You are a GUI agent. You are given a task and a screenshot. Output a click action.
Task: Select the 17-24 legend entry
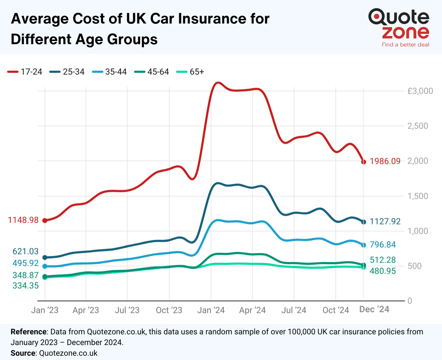[x=25, y=72]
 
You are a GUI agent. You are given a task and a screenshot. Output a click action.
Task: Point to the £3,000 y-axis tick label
[x=420, y=91]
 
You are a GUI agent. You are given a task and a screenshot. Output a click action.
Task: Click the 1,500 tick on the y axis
[x=418, y=196]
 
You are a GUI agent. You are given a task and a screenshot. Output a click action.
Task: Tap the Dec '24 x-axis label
[x=374, y=309]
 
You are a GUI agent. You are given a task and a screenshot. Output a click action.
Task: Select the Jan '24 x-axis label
[x=211, y=310]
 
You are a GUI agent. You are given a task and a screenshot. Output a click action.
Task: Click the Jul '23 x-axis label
[x=127, y=310]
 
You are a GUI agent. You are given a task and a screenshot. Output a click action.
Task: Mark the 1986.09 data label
[x=385, y=161]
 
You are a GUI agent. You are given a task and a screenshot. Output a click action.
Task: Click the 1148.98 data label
[x=23, y=220]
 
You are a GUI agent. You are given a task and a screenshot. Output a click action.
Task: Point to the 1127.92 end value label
[x=385, y=222]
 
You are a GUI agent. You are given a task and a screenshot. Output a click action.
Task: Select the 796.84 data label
[x=382, y=245]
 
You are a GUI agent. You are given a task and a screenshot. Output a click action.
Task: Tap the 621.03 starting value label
[x=25, y=252]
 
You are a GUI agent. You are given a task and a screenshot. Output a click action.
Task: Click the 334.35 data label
[x=25, y=286]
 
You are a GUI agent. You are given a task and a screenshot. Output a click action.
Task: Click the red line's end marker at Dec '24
[x=364, y=162]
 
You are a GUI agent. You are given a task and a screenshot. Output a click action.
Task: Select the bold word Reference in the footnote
[x=29, y=332]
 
